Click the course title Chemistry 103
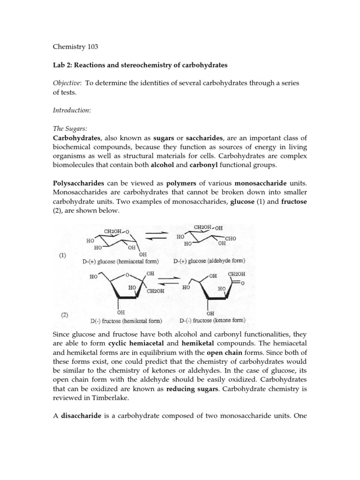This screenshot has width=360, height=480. pyautogui.click(x=72, y=47)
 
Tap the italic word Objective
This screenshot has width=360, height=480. pyautogui.click(x=67, y=82)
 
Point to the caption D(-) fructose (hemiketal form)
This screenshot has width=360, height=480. pyautogui.click(x=126, y=321)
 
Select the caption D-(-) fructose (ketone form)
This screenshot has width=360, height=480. pyautogui.click(x=212, y=321)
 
